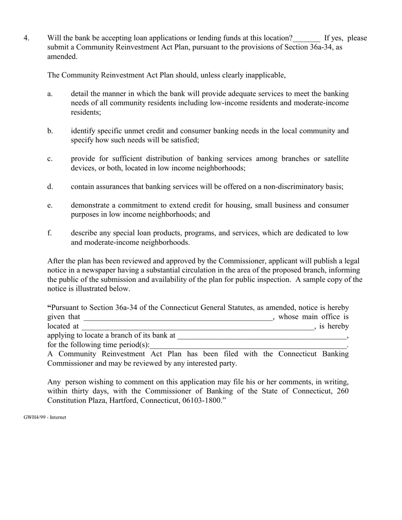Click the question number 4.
(26, 38)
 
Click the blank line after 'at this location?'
(306, 39)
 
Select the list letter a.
(50, 94)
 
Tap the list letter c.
(50, 159)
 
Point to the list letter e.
(50, 205)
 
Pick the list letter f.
(50, 233)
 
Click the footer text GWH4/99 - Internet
(45, 417)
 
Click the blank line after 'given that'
(178, 318)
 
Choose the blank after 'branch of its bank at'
(262, 337)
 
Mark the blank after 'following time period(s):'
(248, 346)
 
